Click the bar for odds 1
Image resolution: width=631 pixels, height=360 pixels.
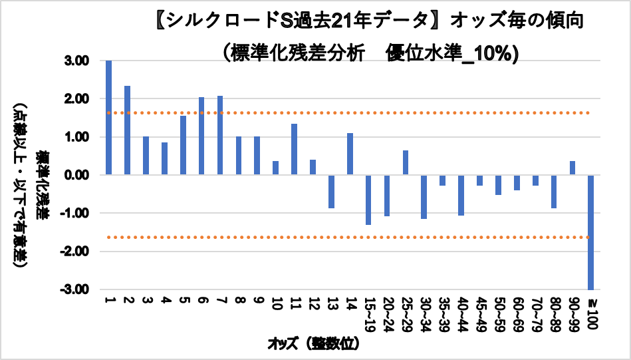[108, 118]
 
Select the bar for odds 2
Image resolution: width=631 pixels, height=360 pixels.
[127, 130]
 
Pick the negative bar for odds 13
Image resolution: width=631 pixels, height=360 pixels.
[331, 192]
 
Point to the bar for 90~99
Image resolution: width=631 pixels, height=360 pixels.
[572, 168]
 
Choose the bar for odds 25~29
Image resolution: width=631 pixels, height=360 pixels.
[406, 163]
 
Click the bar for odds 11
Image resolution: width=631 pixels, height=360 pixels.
[294, 150]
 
